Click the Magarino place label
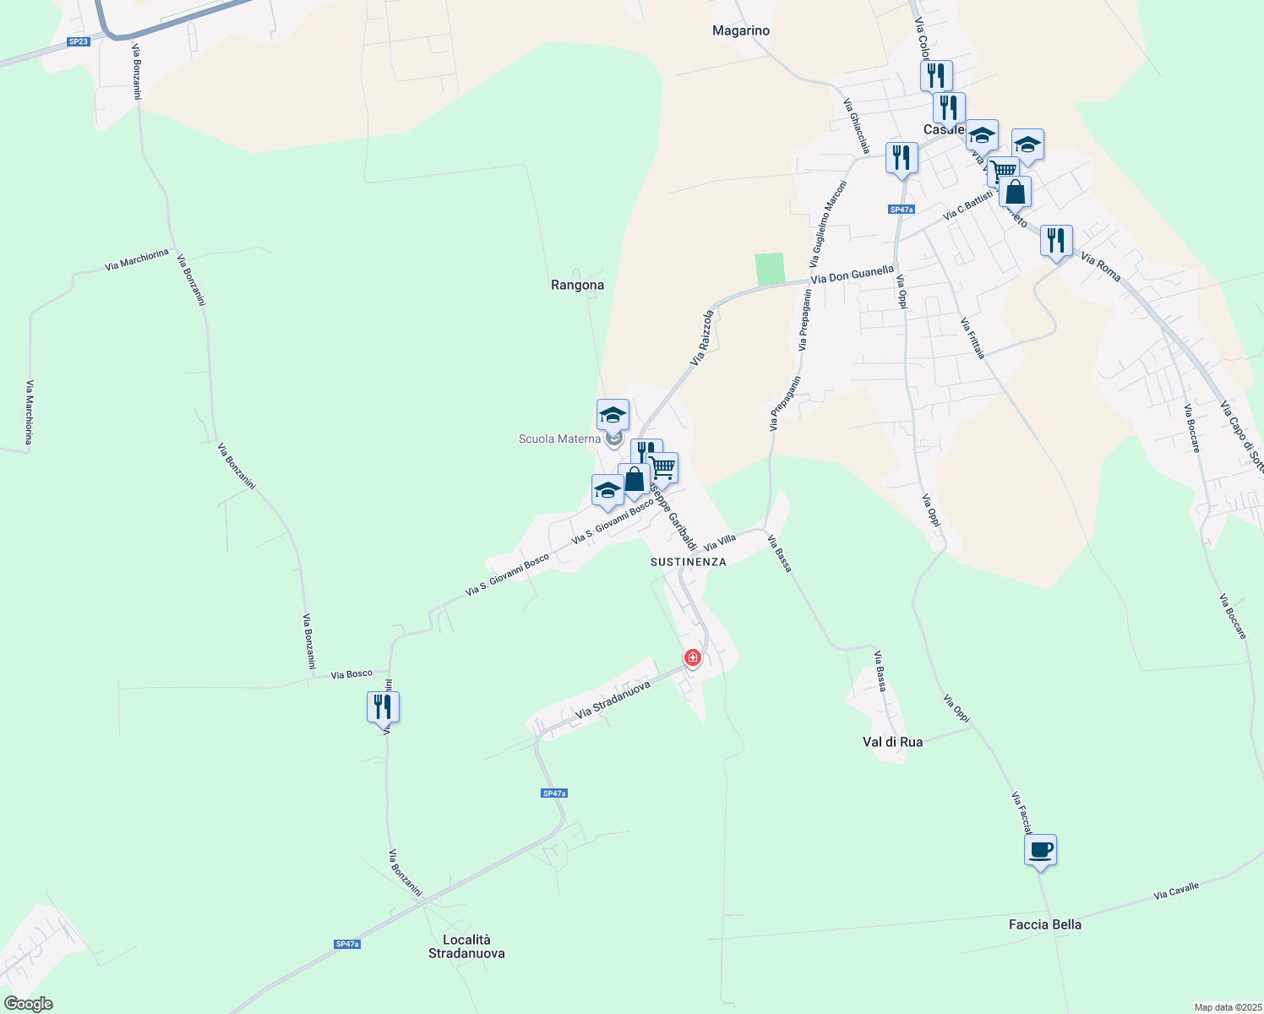(x=741, y=30)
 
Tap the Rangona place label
(x=577, y=285)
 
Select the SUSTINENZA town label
(x=688, y=561)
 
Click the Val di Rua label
(x=892, y=742)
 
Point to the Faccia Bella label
(x=1044, y=924)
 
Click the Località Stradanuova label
(x=466, y=946)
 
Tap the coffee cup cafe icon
(x=1040, y=849)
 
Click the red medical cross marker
(x=693, y=657)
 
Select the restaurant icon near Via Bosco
(x=383, y=706)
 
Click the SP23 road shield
(x=78, y=41)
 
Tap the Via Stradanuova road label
(x=613, y=701)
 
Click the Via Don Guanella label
(x=852, y=275)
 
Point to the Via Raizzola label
(x=702, y=337)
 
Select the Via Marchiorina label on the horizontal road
(x=137, y=259)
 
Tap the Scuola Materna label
(x=559, y=439)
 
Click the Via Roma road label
(x=1100, y=267)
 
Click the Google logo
(x=28, y=1004)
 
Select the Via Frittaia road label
(x=973, y=337)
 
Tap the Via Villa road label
(x=720, y=541)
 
